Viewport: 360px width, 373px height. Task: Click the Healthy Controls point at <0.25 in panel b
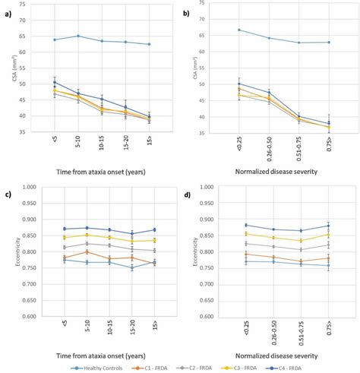point(239,30)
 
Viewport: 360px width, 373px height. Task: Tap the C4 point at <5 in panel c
point(54,229)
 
